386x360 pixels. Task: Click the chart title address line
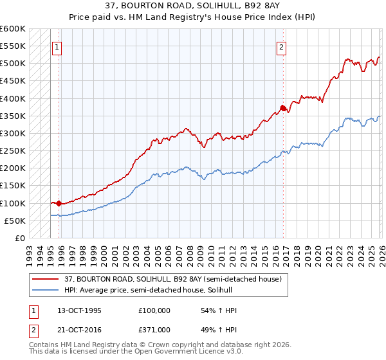coord(193,5)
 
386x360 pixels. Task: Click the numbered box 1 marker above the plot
coord(57,46)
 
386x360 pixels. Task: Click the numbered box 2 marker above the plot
coord(282,46)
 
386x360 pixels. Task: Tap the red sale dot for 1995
coord(59,203)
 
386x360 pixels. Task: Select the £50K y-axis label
coord(15,221)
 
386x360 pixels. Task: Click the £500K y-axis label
coord(13,64)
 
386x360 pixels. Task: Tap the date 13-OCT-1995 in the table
coord(79,310)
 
